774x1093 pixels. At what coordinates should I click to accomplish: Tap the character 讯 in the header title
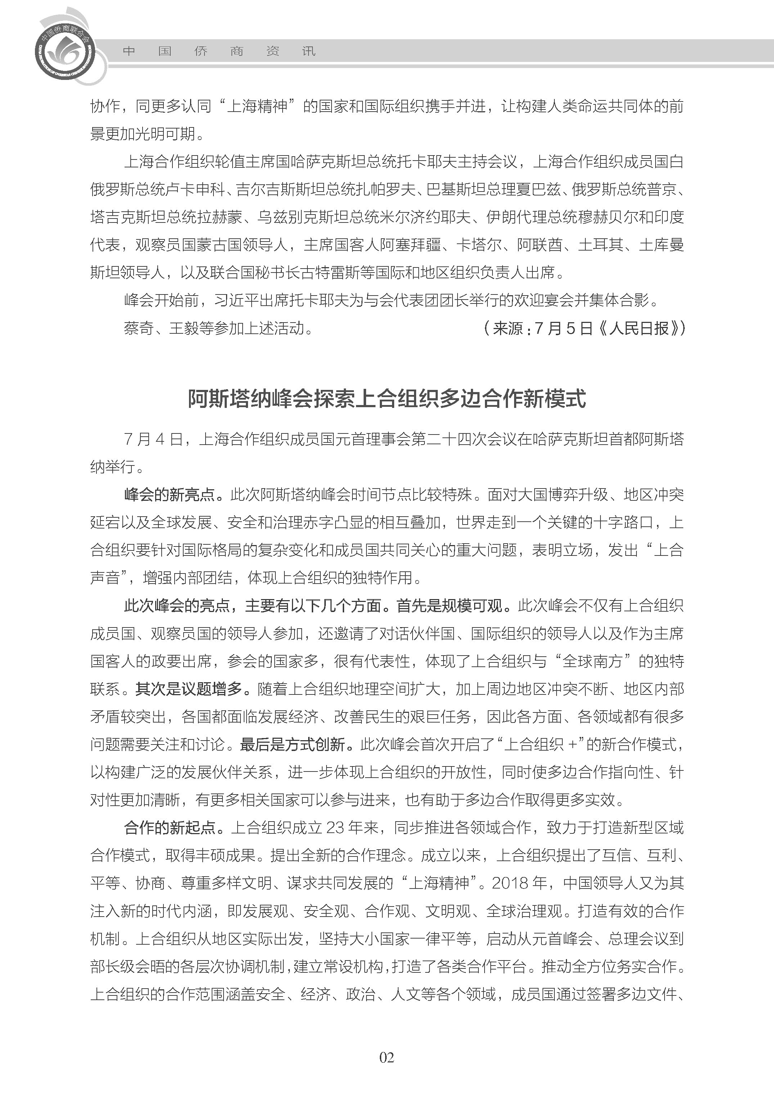pos(309,51)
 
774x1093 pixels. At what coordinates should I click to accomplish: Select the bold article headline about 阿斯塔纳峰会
pos(387,399)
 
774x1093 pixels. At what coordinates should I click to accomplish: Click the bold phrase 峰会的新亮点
pos(170,494)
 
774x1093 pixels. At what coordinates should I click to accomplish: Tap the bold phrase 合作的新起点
pos(170,828)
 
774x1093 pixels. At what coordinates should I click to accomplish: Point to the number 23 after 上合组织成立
pos(335,828)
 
